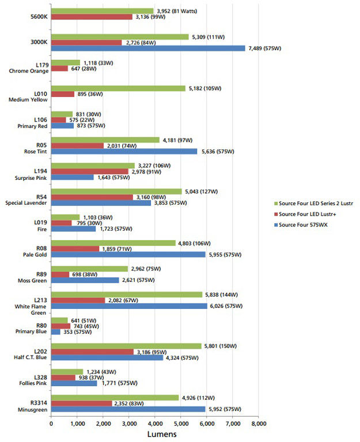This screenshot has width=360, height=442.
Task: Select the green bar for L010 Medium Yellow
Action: click(118, 88)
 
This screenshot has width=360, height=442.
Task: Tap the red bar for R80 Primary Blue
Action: click(60, 326)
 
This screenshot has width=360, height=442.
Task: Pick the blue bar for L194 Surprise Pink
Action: click(72, 177)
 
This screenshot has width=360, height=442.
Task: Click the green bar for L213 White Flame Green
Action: click(127, 294)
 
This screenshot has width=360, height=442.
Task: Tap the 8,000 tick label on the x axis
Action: click(258, 424)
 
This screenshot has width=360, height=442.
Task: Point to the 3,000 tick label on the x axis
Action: click(128, 424)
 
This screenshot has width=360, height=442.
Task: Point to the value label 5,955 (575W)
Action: click(230, 255)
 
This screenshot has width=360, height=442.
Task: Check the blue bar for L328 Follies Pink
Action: click(74, 383)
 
